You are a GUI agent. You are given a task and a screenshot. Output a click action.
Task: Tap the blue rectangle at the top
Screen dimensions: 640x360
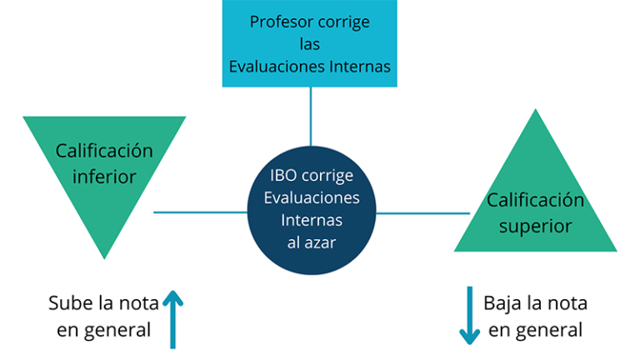tap(309, 43)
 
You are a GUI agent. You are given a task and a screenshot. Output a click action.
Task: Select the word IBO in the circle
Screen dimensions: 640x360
tap(283, 176)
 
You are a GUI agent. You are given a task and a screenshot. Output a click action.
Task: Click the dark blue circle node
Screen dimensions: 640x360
tap(312, 210)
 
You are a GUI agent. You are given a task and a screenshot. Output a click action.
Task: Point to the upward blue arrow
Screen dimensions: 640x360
tap(172, 320)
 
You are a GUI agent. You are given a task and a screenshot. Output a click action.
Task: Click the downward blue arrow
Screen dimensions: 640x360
tap(470, 316)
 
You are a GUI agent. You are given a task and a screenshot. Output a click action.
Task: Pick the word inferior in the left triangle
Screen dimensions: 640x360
tap(104, 177)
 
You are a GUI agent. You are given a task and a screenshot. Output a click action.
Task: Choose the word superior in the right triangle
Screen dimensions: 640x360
tap(536, 226)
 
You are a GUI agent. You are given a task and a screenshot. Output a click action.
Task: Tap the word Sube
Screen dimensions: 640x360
tap(71, 303)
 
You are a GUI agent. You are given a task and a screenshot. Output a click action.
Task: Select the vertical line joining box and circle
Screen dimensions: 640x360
tap(311, 117)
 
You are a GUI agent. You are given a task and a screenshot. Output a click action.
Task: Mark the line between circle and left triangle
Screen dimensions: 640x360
tap(200, 212)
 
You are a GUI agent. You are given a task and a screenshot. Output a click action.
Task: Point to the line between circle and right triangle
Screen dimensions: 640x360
tap(422, 213)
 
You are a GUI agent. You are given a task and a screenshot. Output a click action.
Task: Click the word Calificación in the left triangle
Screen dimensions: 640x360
tap(104, 151)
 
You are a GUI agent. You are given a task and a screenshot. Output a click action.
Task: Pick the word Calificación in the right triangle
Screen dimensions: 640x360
tap(536, 200)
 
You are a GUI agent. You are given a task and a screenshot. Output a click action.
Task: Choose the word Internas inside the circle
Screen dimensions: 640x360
tap(312, 220)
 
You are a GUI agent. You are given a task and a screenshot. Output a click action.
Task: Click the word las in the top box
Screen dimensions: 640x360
tap(309, 44)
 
